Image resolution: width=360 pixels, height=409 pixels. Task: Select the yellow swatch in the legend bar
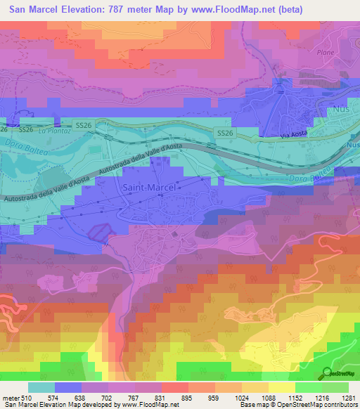281,387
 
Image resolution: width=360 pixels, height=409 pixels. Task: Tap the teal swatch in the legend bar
41,387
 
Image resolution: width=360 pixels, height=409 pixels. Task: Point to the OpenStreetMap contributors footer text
310,405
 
